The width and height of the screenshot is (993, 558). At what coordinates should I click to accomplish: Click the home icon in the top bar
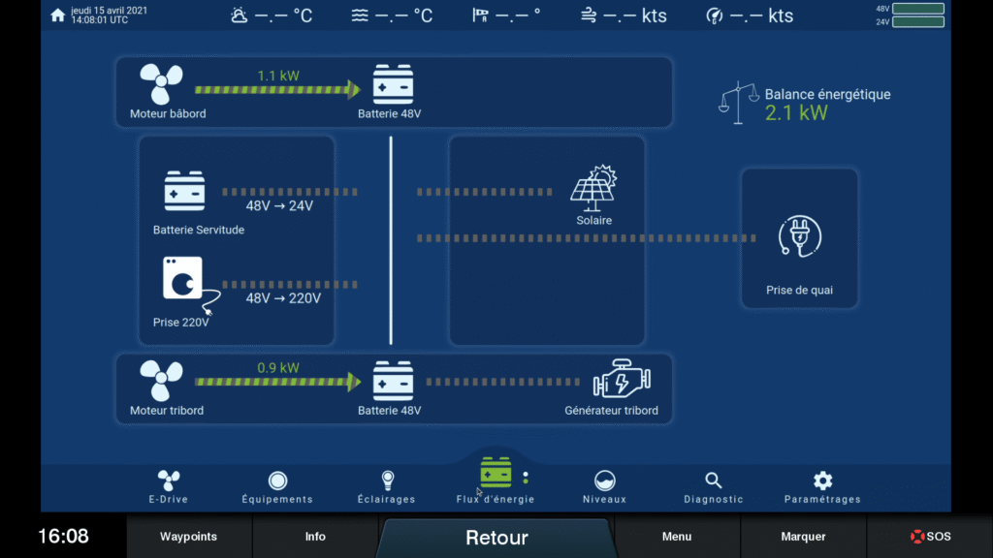pyautogui.click(x=57, y=15)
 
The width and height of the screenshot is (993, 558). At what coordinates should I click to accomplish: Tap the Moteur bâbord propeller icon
pyautogui.click(x=161, y=85)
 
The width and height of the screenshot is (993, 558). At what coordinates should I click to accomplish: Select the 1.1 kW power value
pyautogui.click(x=278, y=75)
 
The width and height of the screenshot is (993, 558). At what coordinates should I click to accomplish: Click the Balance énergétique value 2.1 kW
pyautogui.click(x=796, y=113)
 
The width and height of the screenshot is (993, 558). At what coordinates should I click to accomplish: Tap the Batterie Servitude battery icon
pyautogui.click(x=184, y=192)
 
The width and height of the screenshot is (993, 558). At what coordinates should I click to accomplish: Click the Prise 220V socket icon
pyautogui.click(x=184, y=281)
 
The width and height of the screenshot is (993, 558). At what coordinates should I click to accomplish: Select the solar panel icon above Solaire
pyautogui.click(x=593, y=189)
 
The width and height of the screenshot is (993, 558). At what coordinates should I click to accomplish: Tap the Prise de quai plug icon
pyautogui.click(x=800, y=237)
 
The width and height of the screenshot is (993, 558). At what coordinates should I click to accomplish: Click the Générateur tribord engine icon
pyautogui.click(x=621, y=381)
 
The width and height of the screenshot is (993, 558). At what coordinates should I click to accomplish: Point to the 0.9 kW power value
pyautogui.click(x=278, y=368)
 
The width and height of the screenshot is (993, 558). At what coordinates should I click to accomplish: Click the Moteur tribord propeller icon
pyautogui.click(x=161, y=381)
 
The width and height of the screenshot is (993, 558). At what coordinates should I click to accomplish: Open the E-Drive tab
pyautogui.click(x=169, y=485)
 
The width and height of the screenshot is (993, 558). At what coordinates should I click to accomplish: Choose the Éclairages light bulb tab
pyautogui.click(x=387, y=485)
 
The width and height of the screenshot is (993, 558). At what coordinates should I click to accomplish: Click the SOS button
pyautogui.click(x=930, y=536)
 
